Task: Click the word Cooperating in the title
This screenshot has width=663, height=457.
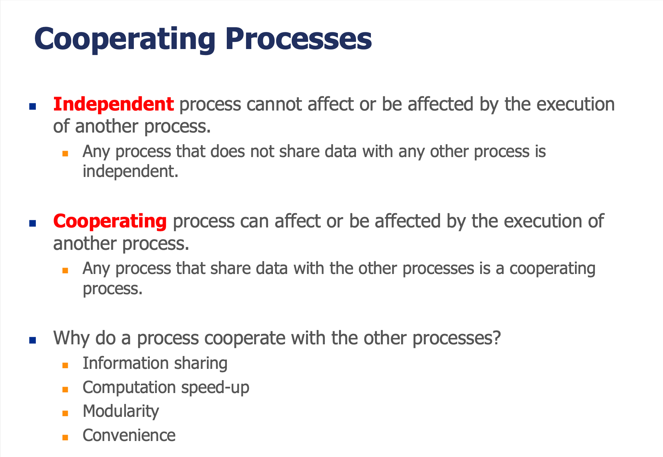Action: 125,39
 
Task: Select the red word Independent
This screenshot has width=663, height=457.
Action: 113,104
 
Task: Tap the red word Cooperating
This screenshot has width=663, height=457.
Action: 110,222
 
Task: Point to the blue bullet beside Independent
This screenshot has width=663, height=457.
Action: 33,106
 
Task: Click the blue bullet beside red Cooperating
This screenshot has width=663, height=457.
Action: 33,223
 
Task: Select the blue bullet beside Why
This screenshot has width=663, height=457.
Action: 33,340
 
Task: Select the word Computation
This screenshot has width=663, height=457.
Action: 129,387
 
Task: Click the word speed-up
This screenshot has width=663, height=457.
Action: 215,388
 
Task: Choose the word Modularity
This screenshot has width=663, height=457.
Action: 121,412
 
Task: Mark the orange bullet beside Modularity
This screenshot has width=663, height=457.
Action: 65,413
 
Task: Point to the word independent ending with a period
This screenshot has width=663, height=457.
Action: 130,171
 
